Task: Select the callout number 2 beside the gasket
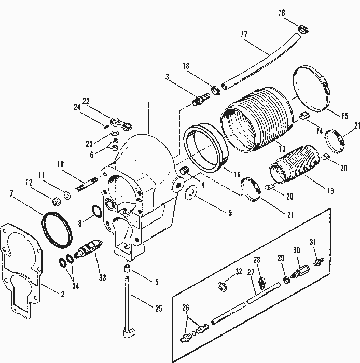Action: point(62,295)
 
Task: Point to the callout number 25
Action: point(158,309)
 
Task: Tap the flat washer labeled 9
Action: point(191,193)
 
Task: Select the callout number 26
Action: point(185,306)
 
